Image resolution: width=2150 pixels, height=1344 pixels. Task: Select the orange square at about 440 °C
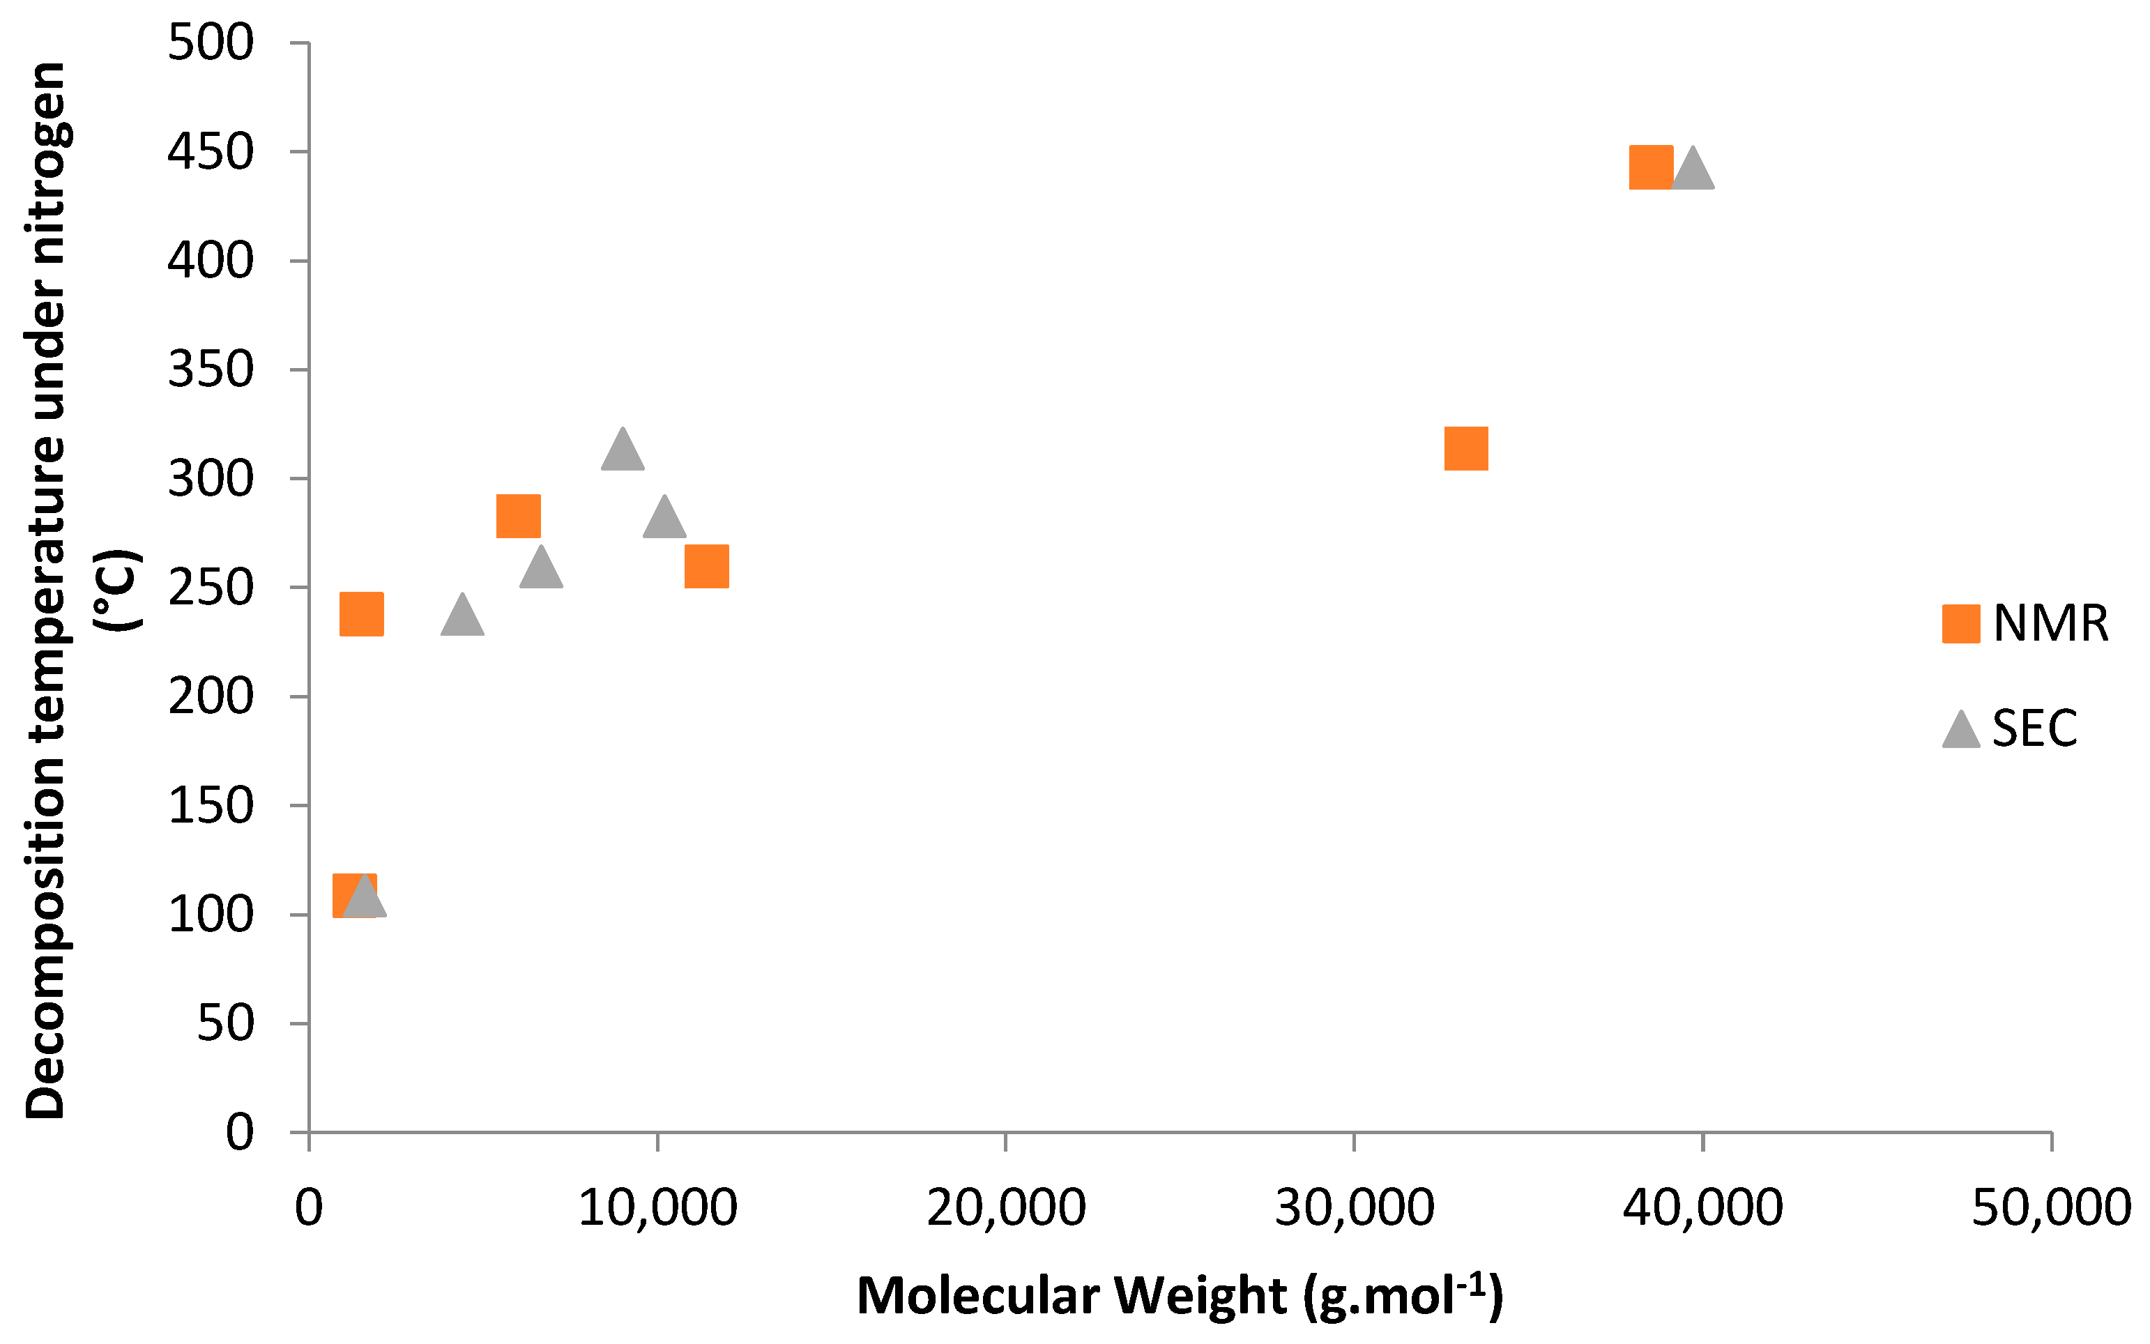tap(1651, 167)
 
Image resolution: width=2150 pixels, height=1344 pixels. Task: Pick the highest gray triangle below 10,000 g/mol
tap(622, 450)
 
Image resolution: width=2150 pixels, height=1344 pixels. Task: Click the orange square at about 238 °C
tap(362, 614)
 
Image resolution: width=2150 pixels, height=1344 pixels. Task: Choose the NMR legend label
tap(2050, 624)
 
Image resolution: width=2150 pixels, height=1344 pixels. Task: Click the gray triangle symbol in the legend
tap(1960, 730)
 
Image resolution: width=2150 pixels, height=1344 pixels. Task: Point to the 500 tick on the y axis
tap(211, 43)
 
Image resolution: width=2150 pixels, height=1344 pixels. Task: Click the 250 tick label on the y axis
tap(211, 588)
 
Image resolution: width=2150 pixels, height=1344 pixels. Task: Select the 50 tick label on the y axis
tap(225, 1023)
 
